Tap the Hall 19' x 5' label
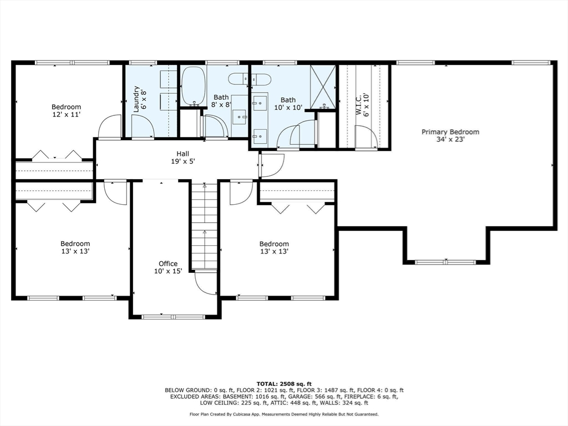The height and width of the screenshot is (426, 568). pyautogui.click(x=183, y=158)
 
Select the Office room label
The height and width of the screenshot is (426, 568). pyautogui.click(x=168, y=263)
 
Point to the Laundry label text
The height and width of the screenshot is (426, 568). pyautogui.click(x=136, y=99)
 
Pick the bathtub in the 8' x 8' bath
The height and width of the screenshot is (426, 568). pyautogui.click(x=194, y=86)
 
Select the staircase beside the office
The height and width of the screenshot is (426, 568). pyautogui.click(x=204, y=225)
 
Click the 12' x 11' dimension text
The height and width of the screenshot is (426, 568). pyautogui.click(x=66, y=114)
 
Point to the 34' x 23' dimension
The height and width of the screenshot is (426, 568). pyautogui.click(x=450, y=139)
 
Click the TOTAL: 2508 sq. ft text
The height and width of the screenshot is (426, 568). pyautogui.click(x=284, y=384)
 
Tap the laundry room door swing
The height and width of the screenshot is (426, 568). pyautogui.click(x=143, y=127)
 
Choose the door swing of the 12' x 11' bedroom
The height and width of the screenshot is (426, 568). pyautogui.click(x=109, y=126)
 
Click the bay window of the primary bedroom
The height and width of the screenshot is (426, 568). pyautogui.click(x=445, y=262)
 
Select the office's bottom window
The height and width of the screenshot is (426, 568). pyautogui.click(x=173, y=317)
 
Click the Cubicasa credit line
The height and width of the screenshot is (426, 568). pyautogui.click(x=284, y=414)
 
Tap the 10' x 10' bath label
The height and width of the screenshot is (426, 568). pyautogui.click(x=288, y=104)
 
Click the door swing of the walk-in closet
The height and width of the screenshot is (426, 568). pyautogui.click(x=366, y=137)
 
